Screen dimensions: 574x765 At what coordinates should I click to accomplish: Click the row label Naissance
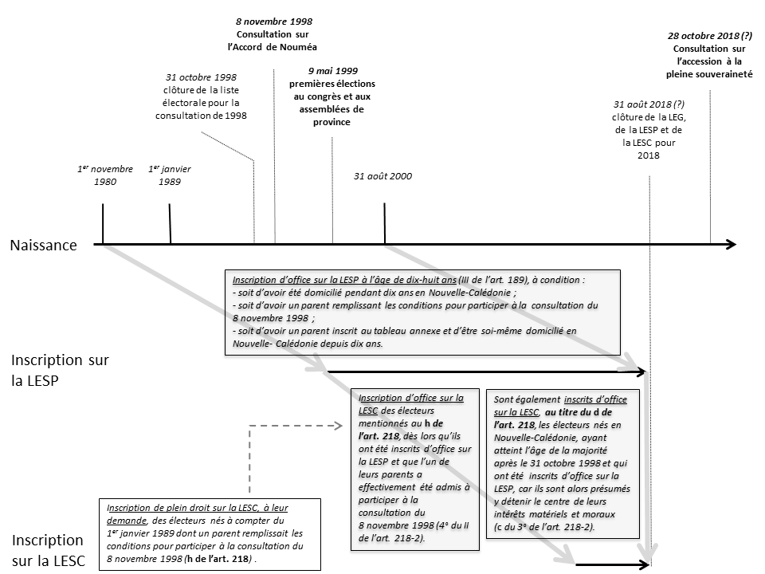[44, 246]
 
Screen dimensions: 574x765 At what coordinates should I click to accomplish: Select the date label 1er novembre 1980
[104, 175]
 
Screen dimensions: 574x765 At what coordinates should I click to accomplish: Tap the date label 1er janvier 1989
[170, 175]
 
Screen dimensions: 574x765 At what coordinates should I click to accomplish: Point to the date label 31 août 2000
[383, 176]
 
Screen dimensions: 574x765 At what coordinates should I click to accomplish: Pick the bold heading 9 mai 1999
[331, 70]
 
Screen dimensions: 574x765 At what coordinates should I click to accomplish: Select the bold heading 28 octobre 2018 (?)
[709, 35]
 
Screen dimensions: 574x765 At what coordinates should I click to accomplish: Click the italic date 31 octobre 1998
[202, 77]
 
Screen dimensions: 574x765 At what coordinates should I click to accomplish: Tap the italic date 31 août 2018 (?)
[649, 104]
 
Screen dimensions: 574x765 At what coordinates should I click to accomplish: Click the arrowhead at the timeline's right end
[732, 245]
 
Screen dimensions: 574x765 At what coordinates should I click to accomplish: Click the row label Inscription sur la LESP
[60, 370]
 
